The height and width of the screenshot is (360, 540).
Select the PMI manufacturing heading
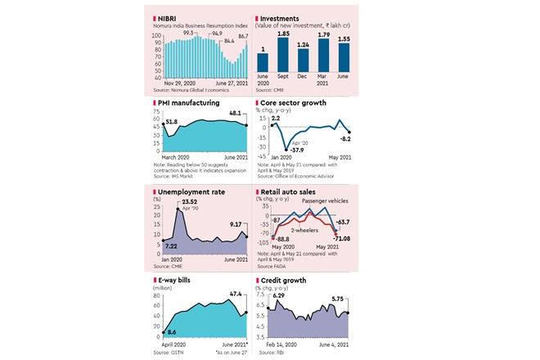(x=189, y=105)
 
